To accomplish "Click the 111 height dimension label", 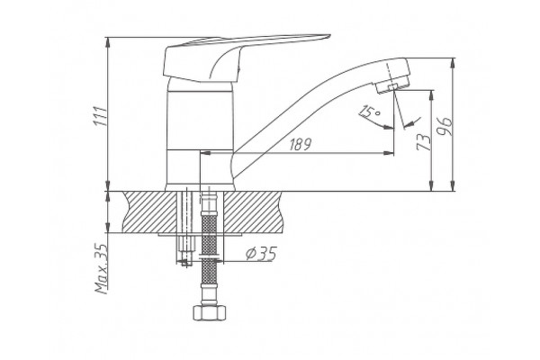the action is [101, 116].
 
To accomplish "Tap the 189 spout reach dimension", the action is [300, 145].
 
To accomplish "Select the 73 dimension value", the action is [424, 141].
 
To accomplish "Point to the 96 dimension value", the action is [444, 126].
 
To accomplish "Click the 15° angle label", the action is [369, 112].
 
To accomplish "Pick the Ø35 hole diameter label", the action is [261, 254].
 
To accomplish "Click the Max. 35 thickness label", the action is [102, 269].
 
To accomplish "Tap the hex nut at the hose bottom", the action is [209, 313].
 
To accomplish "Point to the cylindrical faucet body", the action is [200, 134].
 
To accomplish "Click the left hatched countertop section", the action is [149, 211].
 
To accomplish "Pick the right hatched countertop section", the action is [253, 211].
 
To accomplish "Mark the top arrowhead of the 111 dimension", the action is [108, 41].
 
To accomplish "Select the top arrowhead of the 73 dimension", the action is [431, 95].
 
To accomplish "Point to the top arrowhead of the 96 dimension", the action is [454, 63].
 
